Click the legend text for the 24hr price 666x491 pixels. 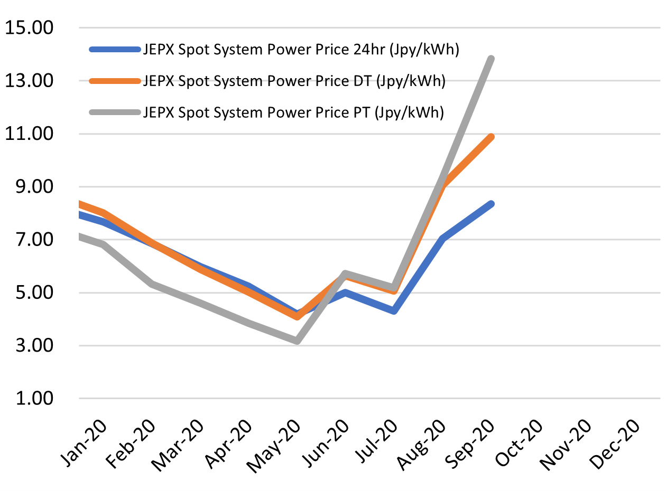click(x=301, y=50)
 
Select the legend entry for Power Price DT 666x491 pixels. click(x=294, y=81)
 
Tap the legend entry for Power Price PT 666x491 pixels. click(x=292, y=112)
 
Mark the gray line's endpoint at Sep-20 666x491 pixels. click(x=491, y=59)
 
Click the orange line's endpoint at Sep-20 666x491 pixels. click(x=491, y=137)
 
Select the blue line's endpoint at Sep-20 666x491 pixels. click(x=491, y=204)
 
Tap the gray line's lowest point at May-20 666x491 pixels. click(x=298, y=341)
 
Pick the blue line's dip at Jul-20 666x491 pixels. click(x=394, y=311)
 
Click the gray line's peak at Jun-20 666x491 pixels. click(x=345, y=273)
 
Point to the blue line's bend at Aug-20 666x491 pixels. click(x=443, y=239)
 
